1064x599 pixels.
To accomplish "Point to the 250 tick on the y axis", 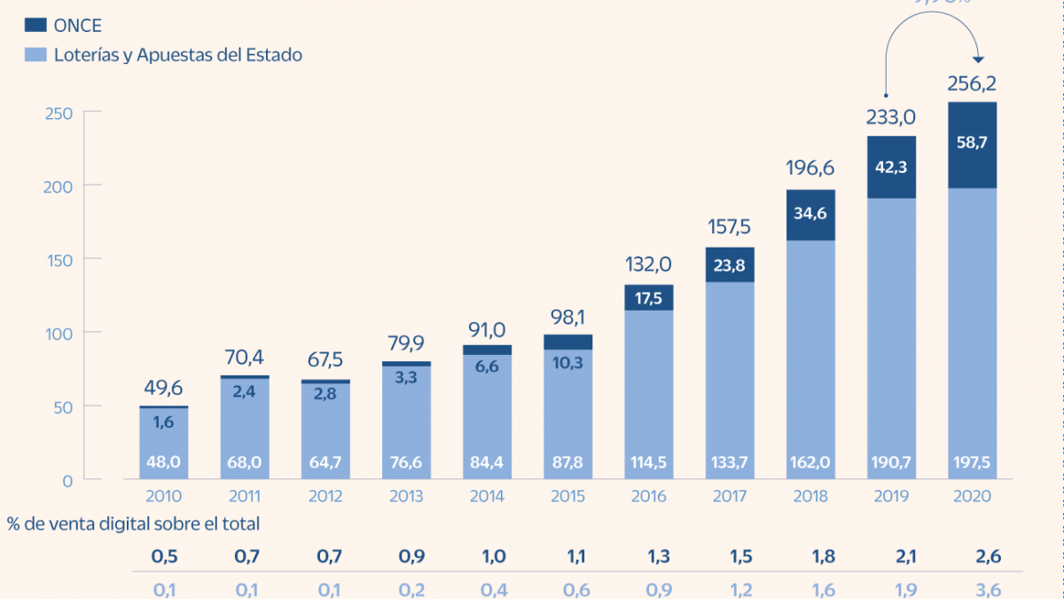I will pos(59,112).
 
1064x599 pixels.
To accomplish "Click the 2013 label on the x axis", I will pos(407,497).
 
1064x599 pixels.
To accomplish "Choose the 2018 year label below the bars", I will pos(810,497).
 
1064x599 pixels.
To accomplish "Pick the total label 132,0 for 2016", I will pos(649,264).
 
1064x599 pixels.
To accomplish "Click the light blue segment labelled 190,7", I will pos(891,462).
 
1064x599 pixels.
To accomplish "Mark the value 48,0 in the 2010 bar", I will pos(163,462).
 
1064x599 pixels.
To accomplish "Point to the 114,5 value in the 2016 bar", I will pos(649,462).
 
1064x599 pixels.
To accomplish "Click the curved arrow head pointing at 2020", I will pos(978,59).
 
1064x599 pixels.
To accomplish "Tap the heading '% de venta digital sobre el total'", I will pos(133,524).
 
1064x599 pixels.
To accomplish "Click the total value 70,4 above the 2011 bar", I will pos(244,358).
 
